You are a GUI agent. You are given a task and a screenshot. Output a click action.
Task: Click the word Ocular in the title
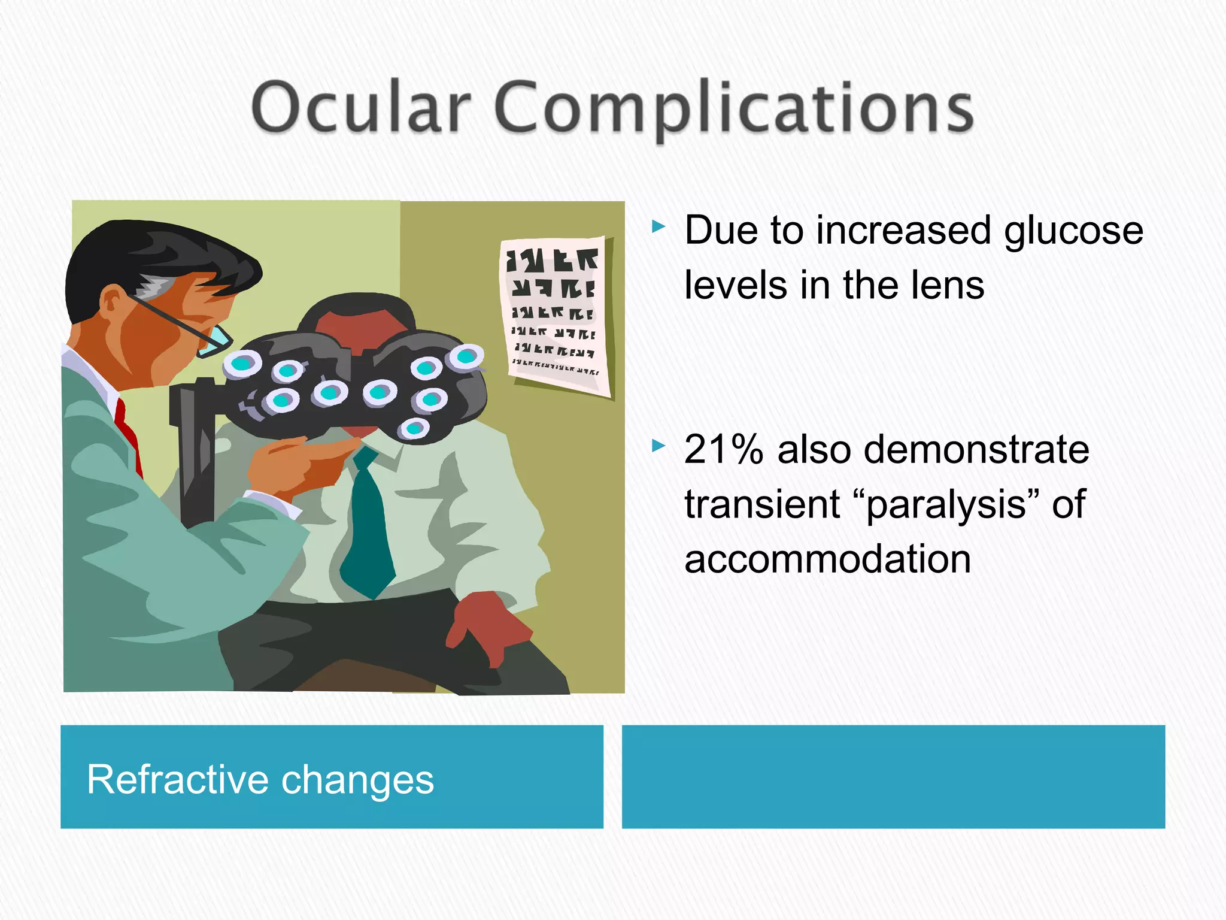[x=361, y=108]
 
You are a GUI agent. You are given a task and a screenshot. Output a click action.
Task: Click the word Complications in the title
[x=734, y=109]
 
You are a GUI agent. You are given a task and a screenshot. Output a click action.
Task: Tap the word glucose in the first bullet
[x=1073, y=231]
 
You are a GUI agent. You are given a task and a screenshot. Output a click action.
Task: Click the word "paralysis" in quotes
[x=946, y=504]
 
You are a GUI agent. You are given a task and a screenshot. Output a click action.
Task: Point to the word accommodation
[x=827, y=559]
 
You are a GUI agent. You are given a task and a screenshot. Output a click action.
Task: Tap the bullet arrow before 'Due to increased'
[x=658, y=227]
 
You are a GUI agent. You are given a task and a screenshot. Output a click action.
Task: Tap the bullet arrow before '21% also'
[x=658, y=446]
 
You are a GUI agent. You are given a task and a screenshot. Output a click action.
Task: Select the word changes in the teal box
[x=357, y=780]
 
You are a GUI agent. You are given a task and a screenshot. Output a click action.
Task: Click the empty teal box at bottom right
[x=893, y=777]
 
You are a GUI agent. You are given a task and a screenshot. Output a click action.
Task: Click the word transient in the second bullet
[x=762, y=504]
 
